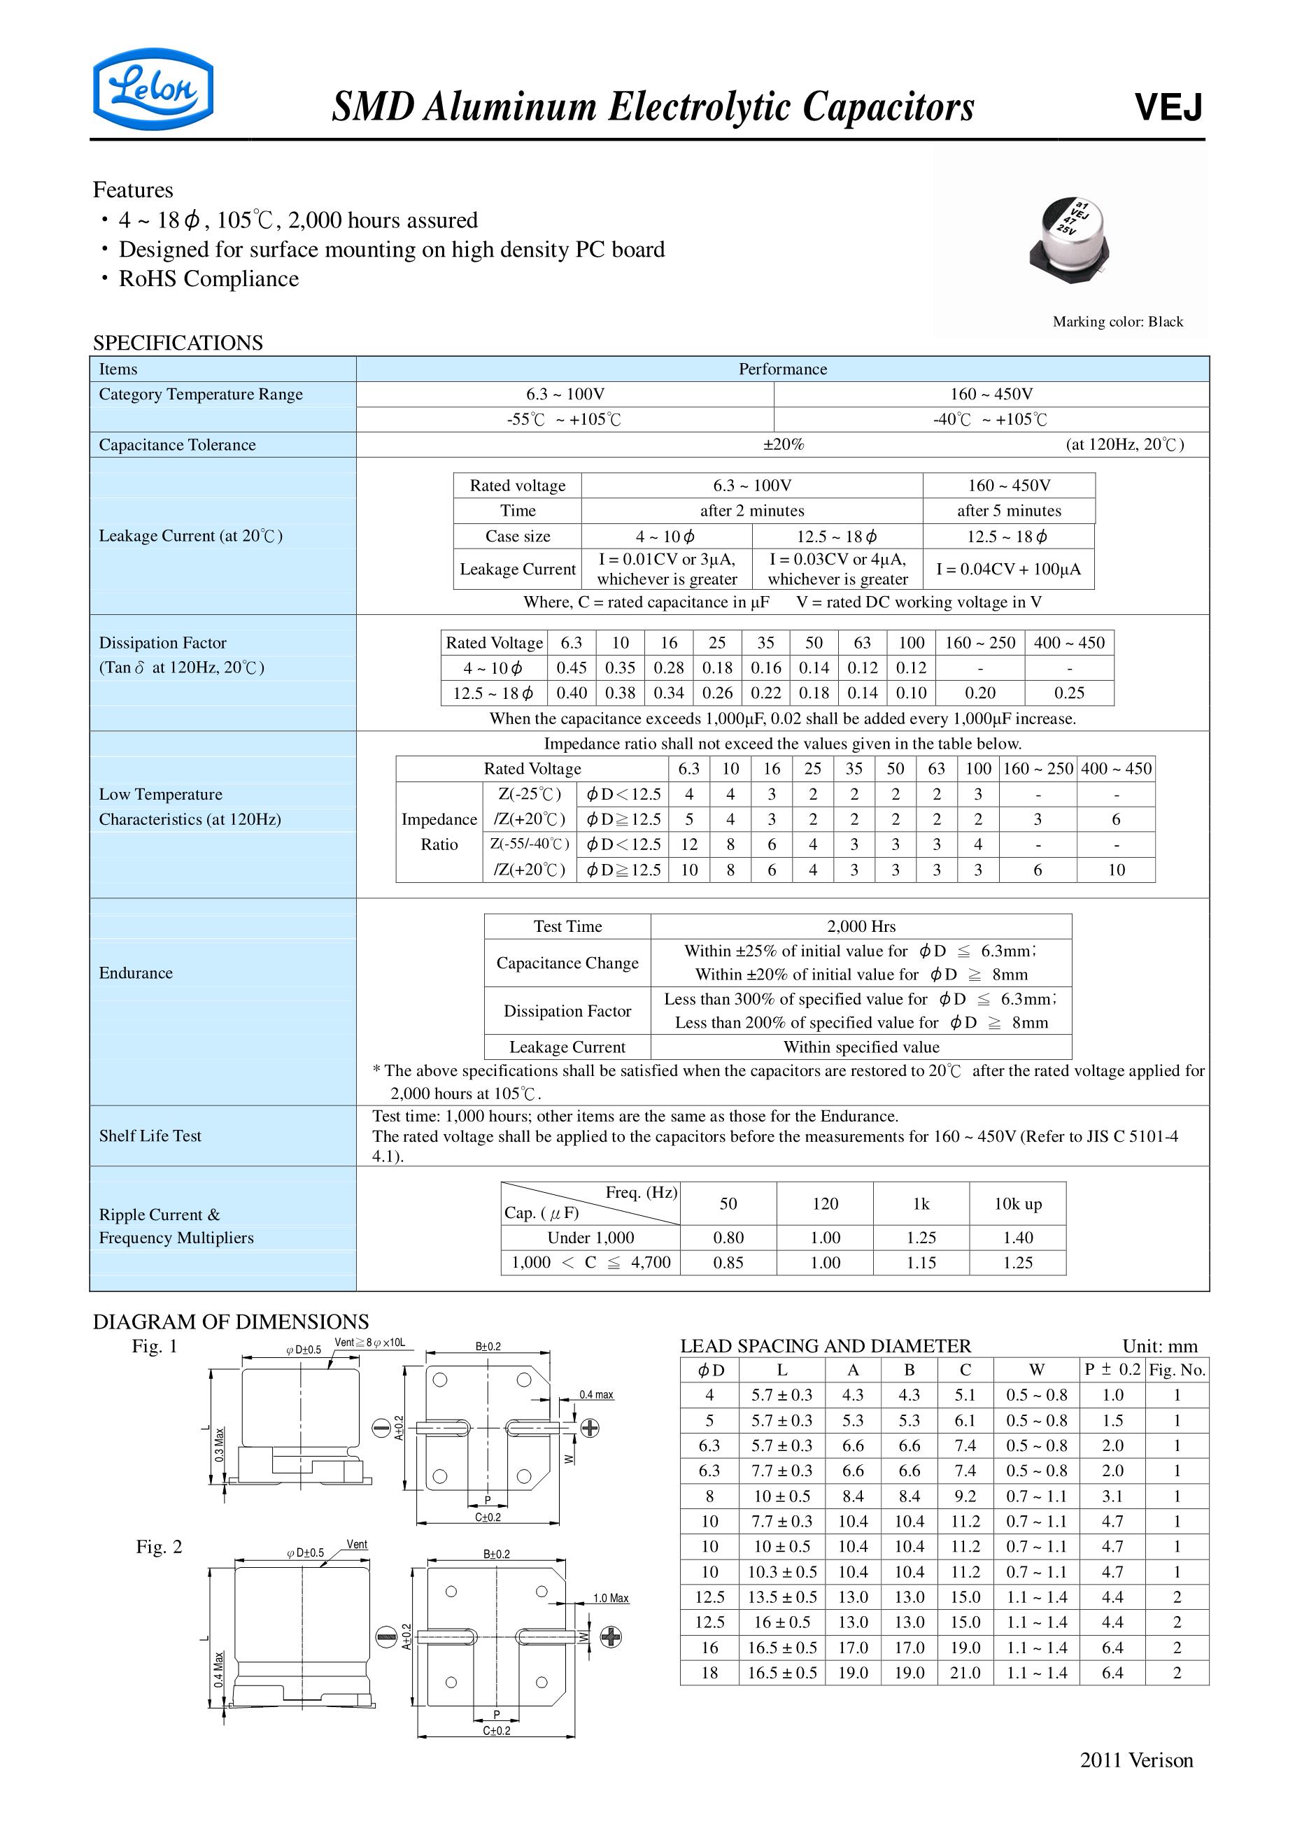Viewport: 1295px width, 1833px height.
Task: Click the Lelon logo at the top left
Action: pyautogui.click(x=153, y=90)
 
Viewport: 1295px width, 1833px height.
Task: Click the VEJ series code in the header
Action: pyautogui.click(x=1168, y=107)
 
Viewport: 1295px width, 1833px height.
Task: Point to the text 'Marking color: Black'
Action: pyautogui.click(x=1117, y=322)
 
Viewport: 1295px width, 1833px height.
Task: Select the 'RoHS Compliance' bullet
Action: pyautogui.click(x=208, y=278)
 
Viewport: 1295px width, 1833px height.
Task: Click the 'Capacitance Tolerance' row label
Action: pyautogui.click(x=177, y=445)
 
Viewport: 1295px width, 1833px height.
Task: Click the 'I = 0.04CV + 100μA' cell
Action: pyautogui.click(x=1008, y=569)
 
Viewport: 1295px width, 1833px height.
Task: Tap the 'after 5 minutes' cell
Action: pyautogui.click(x=1008, y=511)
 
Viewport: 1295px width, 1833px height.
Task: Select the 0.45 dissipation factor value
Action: pyautogui.click(x=572, y=667)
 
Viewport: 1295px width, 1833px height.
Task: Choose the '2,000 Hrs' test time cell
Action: pyautogui.click(x=861, y=926)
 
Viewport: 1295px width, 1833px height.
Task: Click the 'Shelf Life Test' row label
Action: pyautogui.click(x=150, y=1135)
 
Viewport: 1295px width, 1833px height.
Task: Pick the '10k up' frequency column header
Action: pyautogui.click(x=1017, y=1204)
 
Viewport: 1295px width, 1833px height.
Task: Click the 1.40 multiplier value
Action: pyautogui.click(x=1017, y=1238)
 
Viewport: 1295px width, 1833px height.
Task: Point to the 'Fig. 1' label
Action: pyautogui.click(x=154, y=1346)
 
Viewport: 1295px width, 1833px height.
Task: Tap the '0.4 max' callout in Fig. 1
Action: pyautogui.click(x=596, y=1395)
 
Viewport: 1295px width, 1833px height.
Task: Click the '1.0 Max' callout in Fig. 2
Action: pyautogui.click(x=611, y=1599)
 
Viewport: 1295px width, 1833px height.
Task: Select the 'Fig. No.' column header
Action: pyautogui.click(x=1177, y=1370)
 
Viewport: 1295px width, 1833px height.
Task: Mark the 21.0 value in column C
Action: pyautogui.click(x=965, y=1673)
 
